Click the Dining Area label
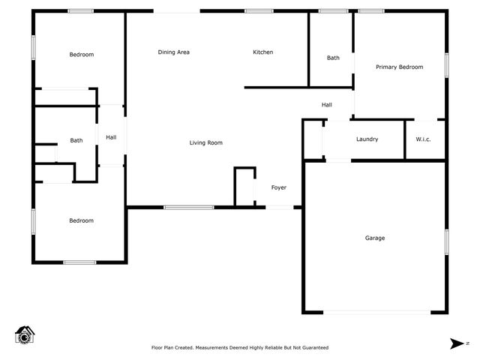173,52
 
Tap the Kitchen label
262,52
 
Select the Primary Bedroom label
399,67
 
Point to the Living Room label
205,142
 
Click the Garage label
375,238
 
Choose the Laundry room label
367,139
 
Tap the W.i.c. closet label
423,139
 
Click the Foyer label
278,187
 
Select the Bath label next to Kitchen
333,58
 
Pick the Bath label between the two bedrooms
76,140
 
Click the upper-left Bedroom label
82,55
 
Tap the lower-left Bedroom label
82,220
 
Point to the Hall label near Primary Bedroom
327,105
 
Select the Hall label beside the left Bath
111,137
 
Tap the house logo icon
25,334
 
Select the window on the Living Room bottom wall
189,207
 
